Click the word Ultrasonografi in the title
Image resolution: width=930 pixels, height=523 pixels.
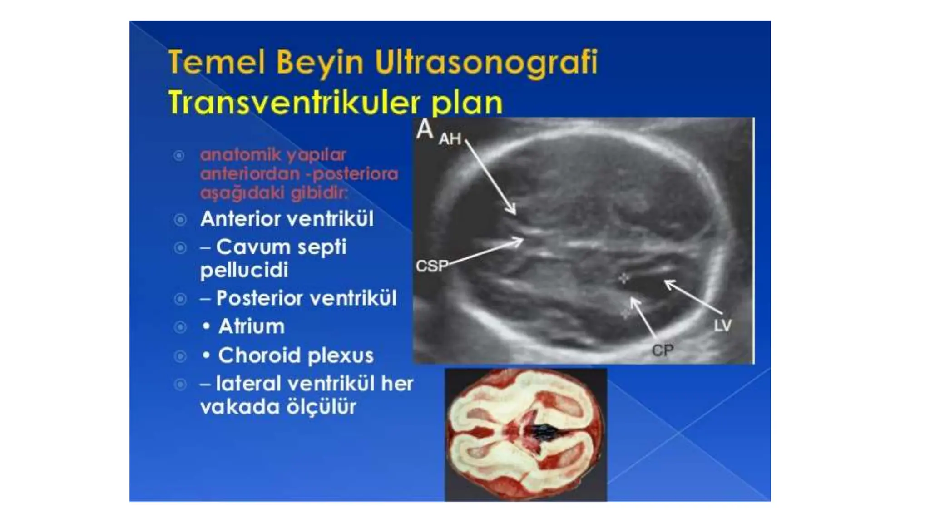point(486,63)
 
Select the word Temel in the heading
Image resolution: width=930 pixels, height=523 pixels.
point(216,62)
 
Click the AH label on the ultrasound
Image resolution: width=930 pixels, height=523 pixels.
point(450,139)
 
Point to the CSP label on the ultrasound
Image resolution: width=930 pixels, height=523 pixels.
point(431,266)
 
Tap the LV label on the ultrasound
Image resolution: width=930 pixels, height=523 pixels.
point(722,325)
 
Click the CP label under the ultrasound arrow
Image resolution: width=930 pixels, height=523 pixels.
point(663,350)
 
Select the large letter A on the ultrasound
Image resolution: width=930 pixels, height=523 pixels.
point(425,129)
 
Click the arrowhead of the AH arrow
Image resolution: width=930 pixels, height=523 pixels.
point(514,212)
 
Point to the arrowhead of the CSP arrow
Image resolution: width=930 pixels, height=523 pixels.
point(521,241)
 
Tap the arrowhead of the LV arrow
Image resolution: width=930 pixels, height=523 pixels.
point(667,282)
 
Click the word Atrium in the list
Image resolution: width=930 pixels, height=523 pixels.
point(251,326)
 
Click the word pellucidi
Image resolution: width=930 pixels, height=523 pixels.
point(244,271)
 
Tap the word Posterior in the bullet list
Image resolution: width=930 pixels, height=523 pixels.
point(259,298)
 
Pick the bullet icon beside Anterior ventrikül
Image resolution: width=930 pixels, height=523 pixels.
point(180,220)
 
